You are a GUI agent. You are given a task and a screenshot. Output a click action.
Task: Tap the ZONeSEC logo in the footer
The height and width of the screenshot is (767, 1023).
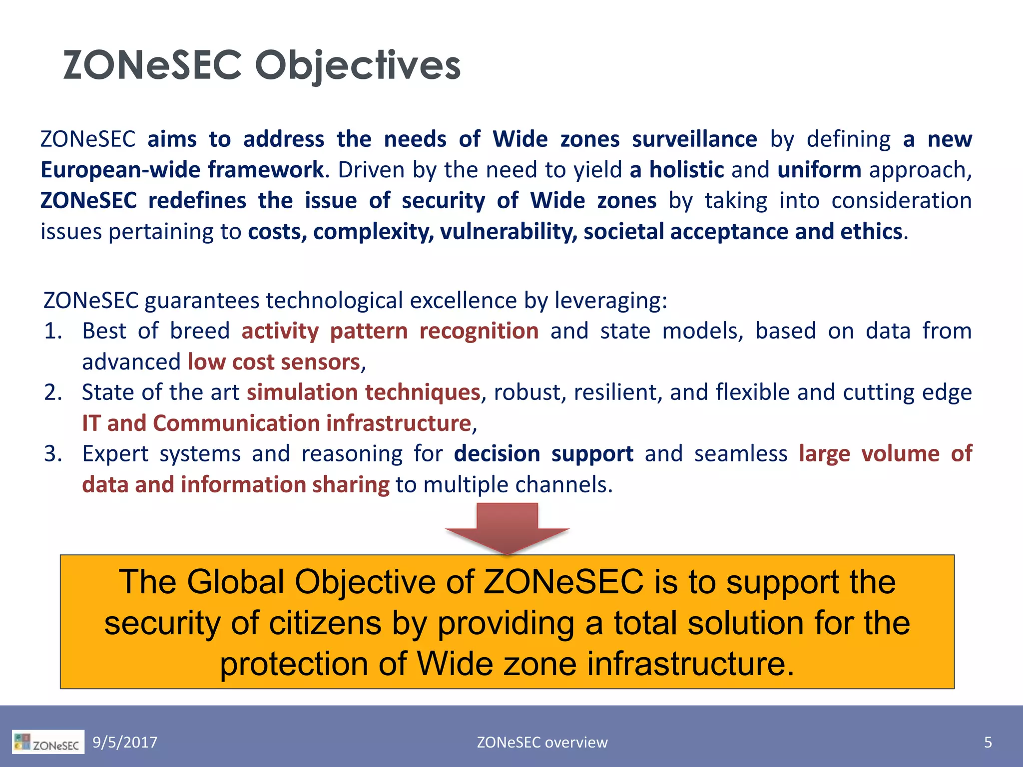click(48, 742)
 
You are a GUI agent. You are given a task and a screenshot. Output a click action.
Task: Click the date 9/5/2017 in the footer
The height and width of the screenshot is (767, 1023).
click(125, 743)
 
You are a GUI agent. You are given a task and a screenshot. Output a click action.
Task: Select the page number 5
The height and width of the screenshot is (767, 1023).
click(988, 743)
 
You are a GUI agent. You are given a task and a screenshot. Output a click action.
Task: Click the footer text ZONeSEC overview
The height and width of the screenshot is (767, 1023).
click(542, 743)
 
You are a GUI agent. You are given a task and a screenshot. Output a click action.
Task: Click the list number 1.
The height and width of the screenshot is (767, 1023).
click(52, 331)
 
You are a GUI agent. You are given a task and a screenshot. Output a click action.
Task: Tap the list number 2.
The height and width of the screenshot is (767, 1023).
click(52, 392)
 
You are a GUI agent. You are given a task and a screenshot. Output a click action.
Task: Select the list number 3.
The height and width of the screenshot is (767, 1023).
click(52, 454)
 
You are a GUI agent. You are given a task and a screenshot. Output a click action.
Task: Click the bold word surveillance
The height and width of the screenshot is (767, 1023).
click(694, 139)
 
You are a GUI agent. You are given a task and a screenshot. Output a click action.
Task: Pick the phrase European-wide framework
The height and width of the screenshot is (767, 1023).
click(182, 170)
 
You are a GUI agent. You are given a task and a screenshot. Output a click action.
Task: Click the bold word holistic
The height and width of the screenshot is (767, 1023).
click(686, 170)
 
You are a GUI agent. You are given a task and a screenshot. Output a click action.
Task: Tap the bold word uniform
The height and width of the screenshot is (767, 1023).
click(819, 170)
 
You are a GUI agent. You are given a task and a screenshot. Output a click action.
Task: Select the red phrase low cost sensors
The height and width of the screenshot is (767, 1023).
click(274, 362)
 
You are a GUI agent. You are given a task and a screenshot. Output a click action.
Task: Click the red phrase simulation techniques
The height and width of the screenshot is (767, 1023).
click(363, 392)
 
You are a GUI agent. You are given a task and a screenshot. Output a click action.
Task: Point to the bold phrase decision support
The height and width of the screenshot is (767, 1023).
click(543, 454)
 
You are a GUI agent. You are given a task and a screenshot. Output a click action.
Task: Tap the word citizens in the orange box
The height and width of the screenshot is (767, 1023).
click(325, 623)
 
